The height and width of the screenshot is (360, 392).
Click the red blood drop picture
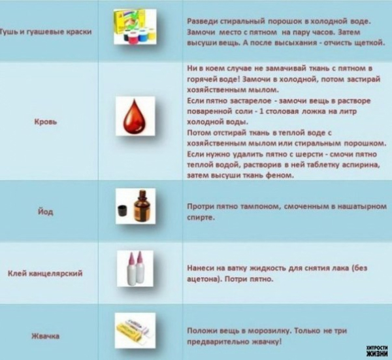pyautogui.click(x=135, y=116)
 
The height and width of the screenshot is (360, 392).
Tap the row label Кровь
pyautogui.click(x=46, y=122)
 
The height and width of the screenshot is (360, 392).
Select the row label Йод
pyautogui.click(x=46, y=212)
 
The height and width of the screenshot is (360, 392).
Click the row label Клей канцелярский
pyautogui.click(x=45, y=273)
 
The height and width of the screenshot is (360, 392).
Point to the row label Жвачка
pyautogui.click(x=46, y=336)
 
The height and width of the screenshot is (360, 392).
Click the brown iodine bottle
pyautogui.click(x=141, y=206)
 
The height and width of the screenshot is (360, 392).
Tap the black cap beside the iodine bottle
pyautogui.click(x=123, y=211)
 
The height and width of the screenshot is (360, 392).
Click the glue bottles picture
pyautogui.click(x=135, y=269)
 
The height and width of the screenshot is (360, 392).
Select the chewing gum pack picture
pyautogui.click(x=135, y=330)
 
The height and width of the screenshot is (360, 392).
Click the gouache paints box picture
pyautogui.click(x=135, y=27)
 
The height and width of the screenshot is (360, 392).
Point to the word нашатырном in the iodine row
pyautogui.click(x=362, y=206)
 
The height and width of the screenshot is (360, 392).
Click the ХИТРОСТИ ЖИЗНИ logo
pyautogui.click(x=377, y=350)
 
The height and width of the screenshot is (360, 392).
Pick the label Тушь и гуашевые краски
pyautogui.click(x=46, y=32)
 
